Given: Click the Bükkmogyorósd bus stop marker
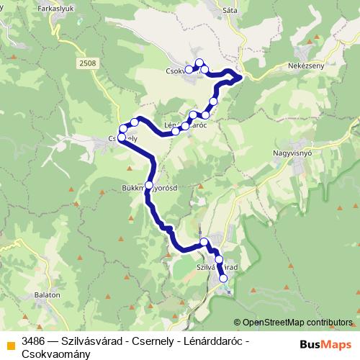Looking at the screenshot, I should tap(149, 185).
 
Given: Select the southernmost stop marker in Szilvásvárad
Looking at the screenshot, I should tap(223, 278).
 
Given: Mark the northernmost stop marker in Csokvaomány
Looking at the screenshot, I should tap(199, 62).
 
